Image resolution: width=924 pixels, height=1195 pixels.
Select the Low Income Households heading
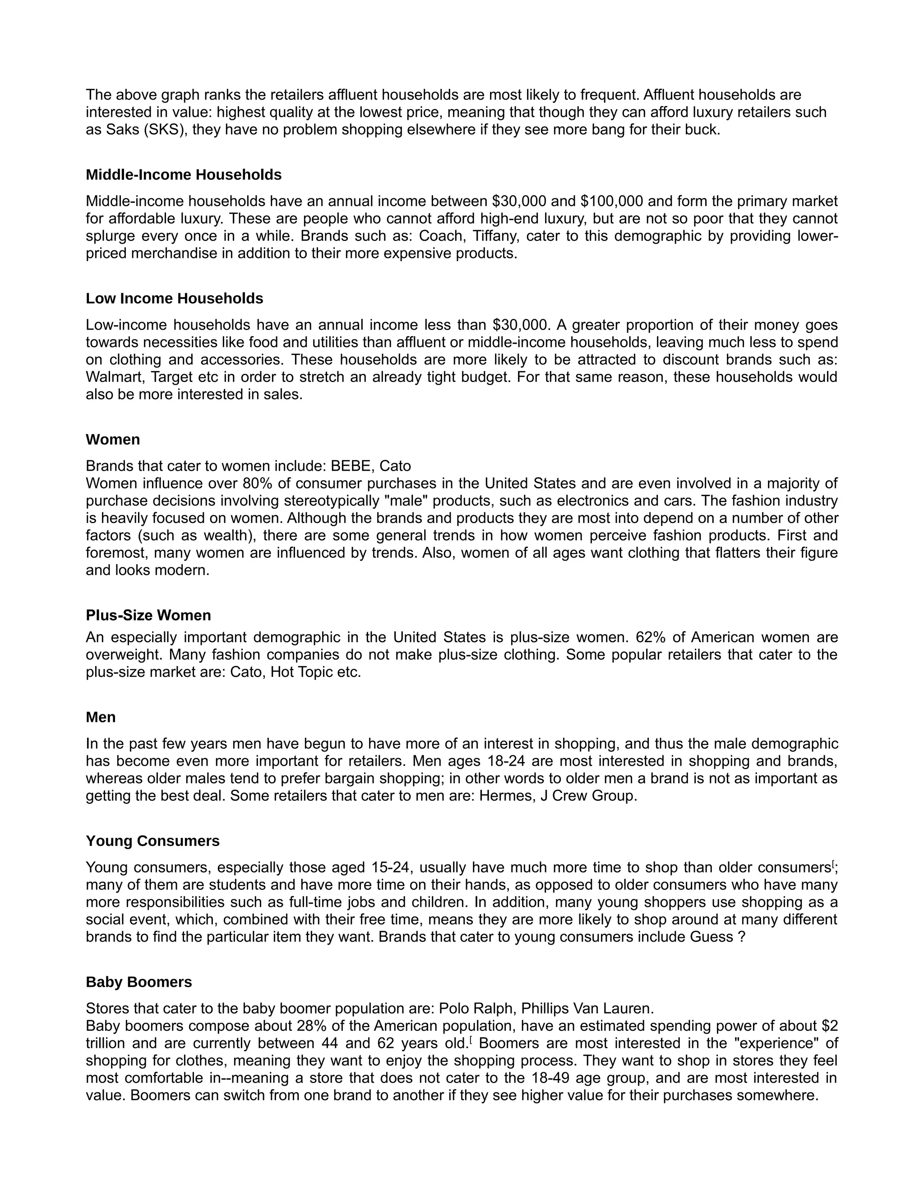(x=174, y=299)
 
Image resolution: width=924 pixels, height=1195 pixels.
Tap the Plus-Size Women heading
(x=148, y=616)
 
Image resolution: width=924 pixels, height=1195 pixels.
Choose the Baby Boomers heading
(x=139, y=982)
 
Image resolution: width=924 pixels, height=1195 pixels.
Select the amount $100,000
(x=611, y=202)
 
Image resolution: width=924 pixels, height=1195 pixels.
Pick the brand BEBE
(x=350, y=466)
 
